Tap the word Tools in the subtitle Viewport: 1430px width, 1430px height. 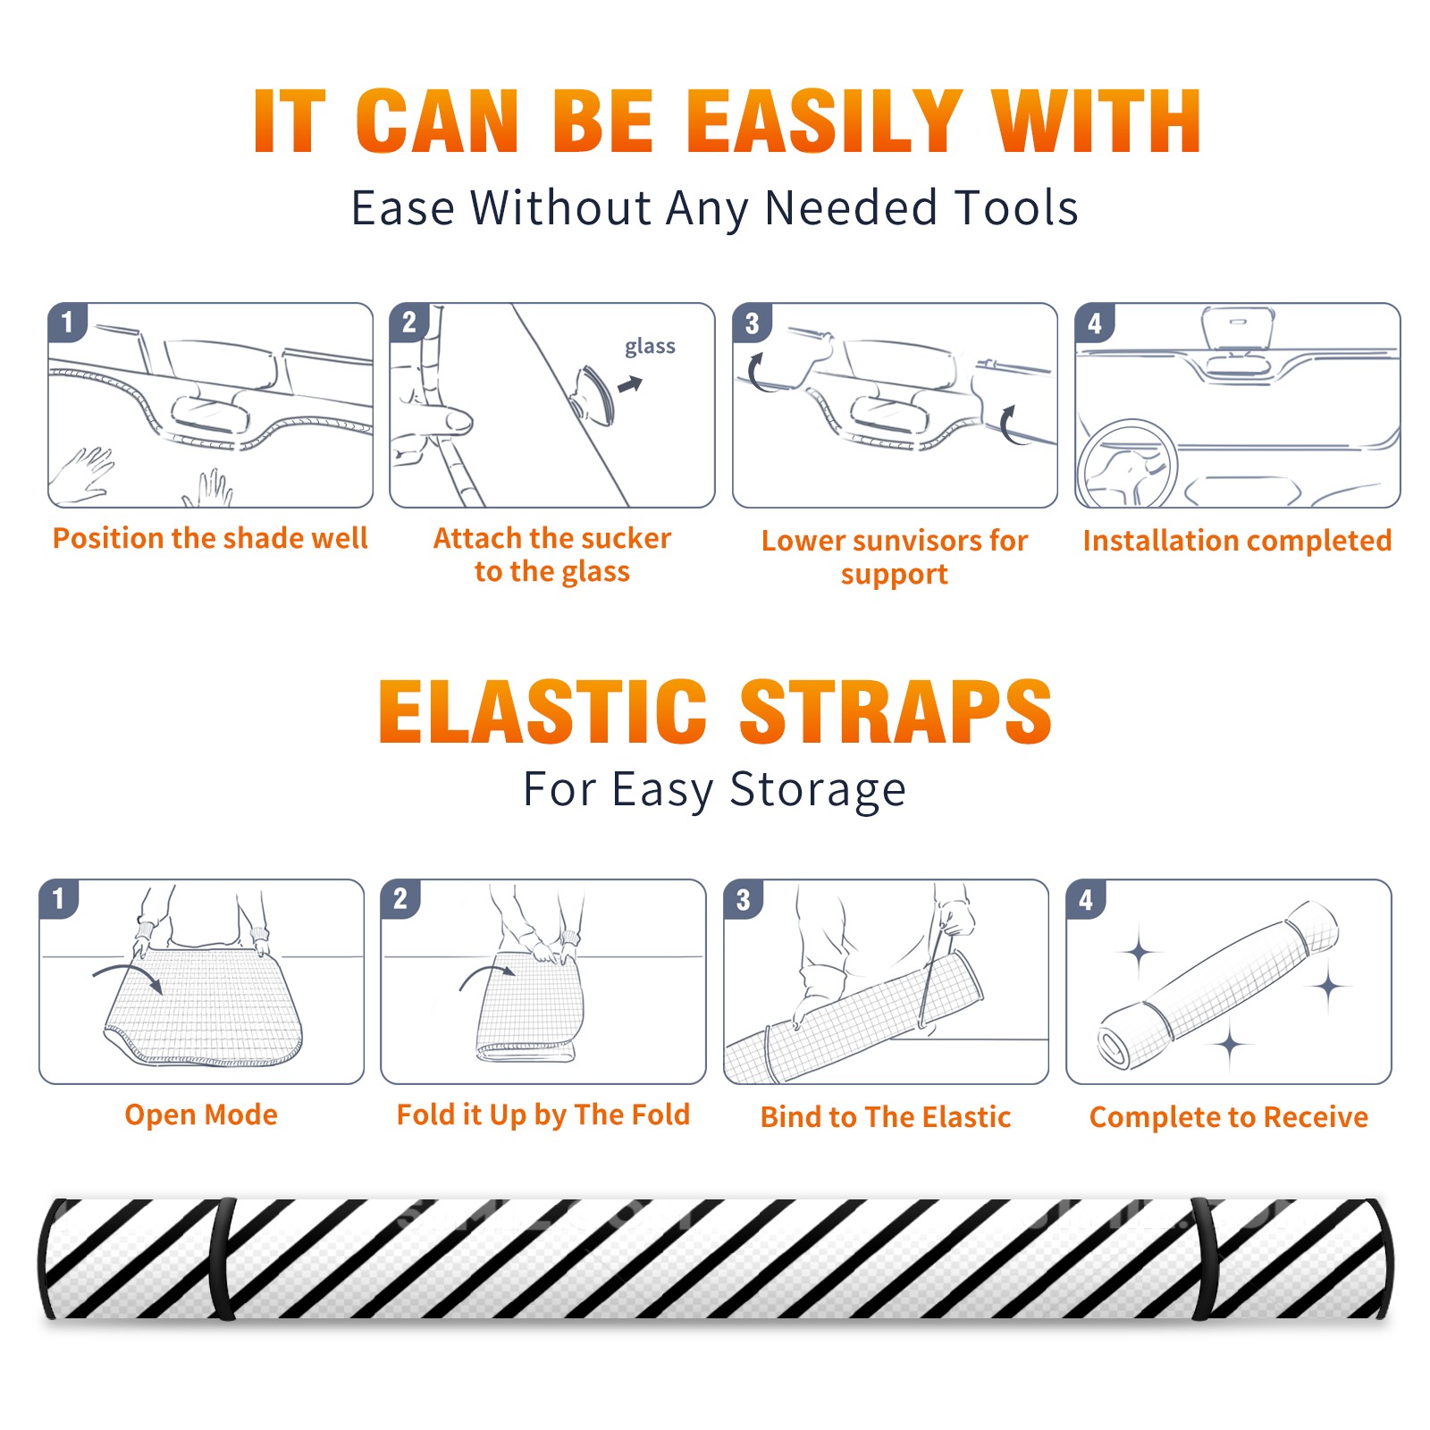(1016, 208)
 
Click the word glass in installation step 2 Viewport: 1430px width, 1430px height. (650, 347)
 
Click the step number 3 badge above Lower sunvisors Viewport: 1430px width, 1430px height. (752, 324)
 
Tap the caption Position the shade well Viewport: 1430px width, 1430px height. (210, 538)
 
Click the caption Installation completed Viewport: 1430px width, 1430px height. (1237, 541)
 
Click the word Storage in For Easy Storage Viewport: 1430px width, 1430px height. (818, 790)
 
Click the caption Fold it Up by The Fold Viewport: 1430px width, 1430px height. (543, 1115)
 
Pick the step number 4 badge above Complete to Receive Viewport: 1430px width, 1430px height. (1086, 900)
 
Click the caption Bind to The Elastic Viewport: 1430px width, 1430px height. (886, 1117)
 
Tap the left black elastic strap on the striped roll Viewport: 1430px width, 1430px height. (222, 1258)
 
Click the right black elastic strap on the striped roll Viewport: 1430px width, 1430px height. (1204, 1258)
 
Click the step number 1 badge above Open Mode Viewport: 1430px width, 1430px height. (59, 899)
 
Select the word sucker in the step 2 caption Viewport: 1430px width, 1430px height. (626, 538)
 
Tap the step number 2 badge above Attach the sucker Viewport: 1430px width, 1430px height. (409, 323)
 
